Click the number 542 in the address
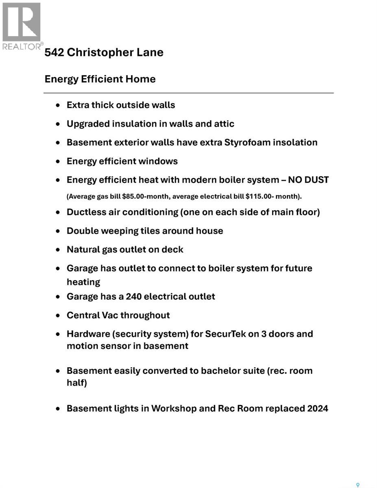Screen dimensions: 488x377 coord(54,52)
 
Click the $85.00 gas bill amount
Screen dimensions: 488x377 coord(134,196)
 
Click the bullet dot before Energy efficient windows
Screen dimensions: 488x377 coord(59,161)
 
